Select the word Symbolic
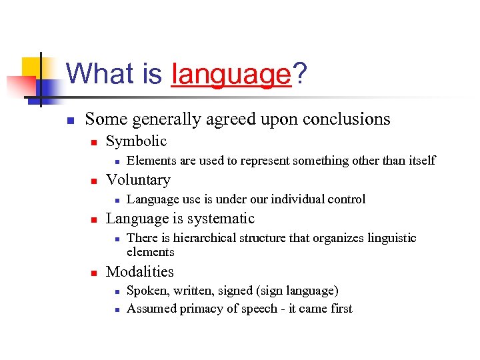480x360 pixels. click(136, 141)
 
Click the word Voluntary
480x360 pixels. click(138, 180)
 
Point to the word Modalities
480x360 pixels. click(139, 272)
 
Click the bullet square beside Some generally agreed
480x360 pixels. click(69, 121)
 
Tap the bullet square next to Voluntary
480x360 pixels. click(95, 181)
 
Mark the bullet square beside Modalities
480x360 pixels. click(95, 273)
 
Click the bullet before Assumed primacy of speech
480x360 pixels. click(116, 309)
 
